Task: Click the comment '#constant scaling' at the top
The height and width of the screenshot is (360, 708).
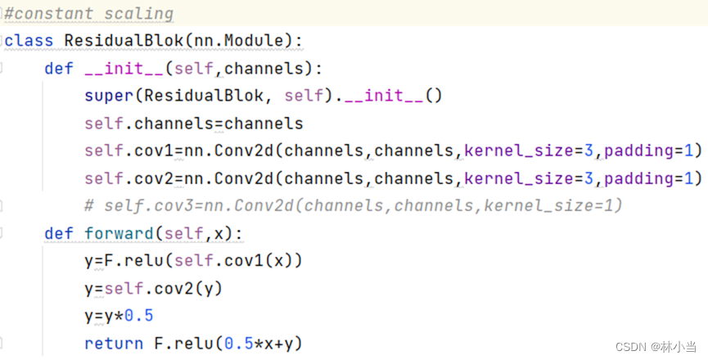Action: [89, 14]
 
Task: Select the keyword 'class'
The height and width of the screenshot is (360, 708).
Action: [29, 41]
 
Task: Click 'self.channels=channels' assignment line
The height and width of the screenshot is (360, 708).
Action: [193, 124]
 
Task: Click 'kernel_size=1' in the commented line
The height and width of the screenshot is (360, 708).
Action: [553, 206]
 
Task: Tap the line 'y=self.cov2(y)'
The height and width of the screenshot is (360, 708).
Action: [153, 289]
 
